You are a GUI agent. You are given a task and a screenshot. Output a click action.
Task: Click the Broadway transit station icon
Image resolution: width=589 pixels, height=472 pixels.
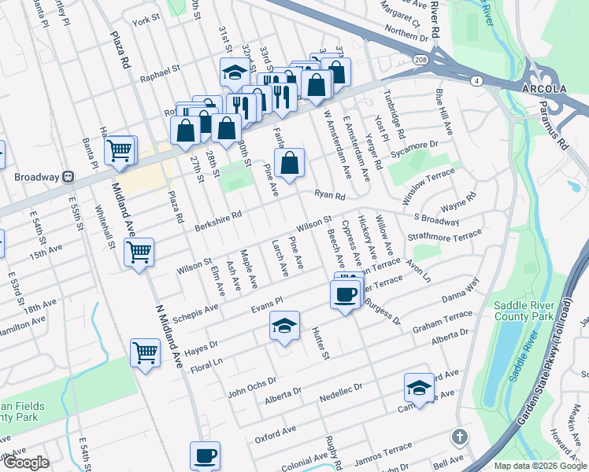pyautogui.click(x=69, y=177)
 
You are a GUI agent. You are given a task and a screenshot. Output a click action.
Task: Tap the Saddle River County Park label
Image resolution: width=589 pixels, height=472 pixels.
pyautogui.click(x=525, y=312)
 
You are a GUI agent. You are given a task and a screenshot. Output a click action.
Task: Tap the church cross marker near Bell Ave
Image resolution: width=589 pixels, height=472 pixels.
pyautogui.click(x=459, y=436)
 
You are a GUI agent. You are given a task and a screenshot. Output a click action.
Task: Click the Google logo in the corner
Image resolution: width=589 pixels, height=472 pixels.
pyautogui.click(x=26, y=463)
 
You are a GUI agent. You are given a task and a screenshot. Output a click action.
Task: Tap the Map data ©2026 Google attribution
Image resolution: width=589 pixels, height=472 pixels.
pyautogui.click(x=539, y=466)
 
